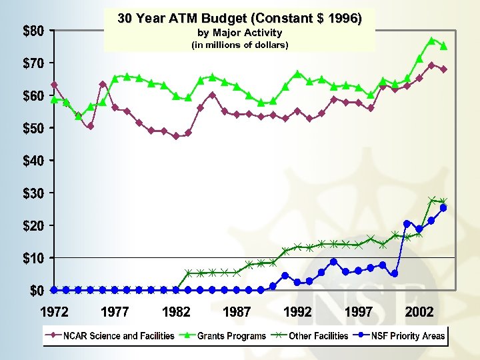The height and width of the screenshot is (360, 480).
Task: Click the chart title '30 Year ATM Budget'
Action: click(240, 19)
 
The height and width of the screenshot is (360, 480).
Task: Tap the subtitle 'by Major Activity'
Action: click(240, 33)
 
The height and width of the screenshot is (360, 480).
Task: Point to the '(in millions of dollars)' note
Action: click(240, 45)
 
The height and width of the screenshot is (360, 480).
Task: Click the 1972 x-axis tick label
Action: click(54, 311)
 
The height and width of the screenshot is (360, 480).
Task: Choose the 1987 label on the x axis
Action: click(237, 311)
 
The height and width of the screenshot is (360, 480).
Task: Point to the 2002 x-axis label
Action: click(419, 311)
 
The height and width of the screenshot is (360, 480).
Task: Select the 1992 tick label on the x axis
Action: click(297, 311)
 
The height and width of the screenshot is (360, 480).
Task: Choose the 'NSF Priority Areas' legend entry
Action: click(404, 336)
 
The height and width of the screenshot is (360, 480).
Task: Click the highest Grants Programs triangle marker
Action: click(431, 41)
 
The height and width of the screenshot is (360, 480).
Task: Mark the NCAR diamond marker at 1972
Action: click(54, 85)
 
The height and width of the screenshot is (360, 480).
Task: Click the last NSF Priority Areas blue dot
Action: click(443, 208)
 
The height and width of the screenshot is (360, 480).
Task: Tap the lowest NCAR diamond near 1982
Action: click(176, 136)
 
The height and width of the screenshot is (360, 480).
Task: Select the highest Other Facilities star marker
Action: click(431, 200)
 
